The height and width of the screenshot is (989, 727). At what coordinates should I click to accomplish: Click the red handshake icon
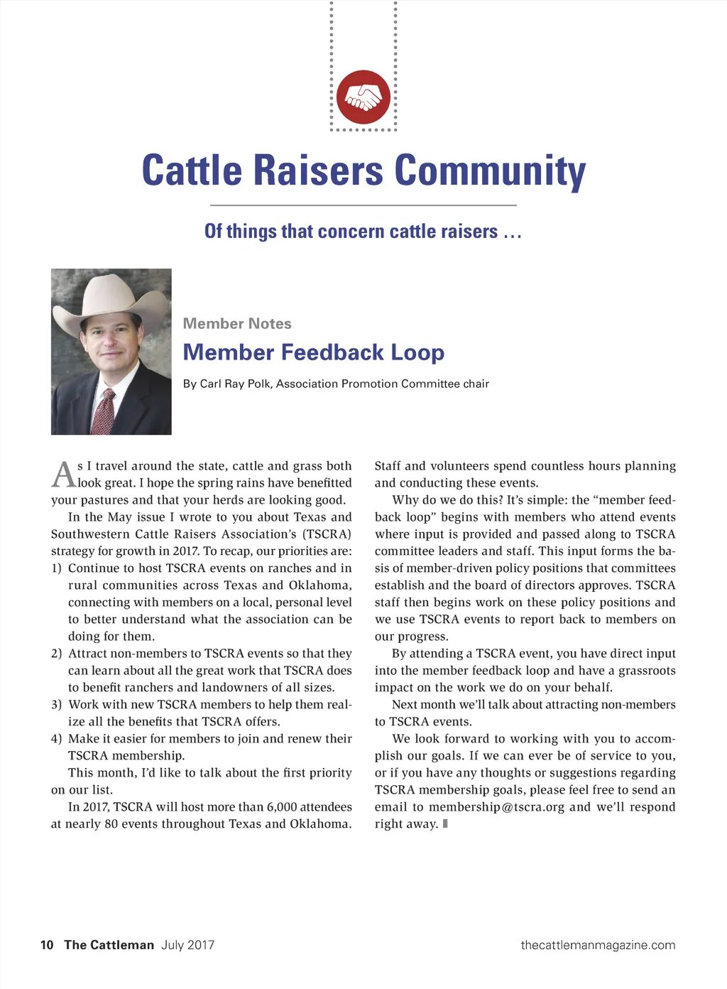(x=363, y=97)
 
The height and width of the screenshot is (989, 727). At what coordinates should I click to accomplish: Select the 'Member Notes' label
(x=237, y=324)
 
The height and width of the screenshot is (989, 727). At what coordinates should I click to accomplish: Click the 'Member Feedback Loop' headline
(x=314, y=352)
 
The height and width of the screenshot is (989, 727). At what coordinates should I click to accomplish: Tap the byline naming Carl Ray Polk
(x=336, y=384)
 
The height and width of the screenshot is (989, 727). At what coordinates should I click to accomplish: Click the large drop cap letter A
(x=63, y=475)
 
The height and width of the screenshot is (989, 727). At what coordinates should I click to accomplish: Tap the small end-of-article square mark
(x=445, y=824)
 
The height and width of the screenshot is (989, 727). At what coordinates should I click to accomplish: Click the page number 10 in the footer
(x=47, y=945)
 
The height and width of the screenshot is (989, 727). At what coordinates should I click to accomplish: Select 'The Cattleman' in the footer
(x=109, y=945)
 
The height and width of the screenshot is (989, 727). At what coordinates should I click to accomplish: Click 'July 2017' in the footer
(x=187, y=945)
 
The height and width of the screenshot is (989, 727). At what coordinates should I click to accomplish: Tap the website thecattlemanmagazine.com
(x=598, y=945)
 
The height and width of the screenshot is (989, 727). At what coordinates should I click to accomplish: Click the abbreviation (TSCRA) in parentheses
(x=327, y=534)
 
